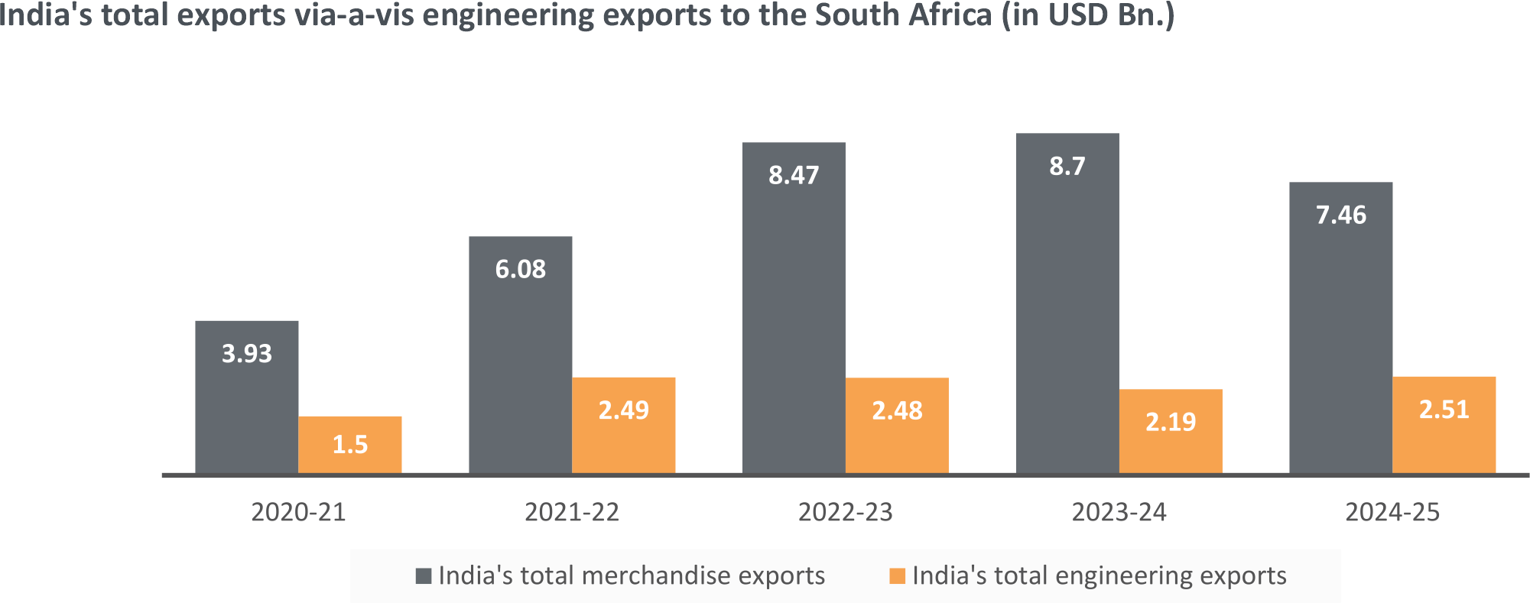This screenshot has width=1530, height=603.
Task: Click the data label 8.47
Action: pos(794,176)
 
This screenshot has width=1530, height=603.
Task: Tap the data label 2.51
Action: pos(1444,410)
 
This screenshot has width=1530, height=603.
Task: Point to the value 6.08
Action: pos(520,269)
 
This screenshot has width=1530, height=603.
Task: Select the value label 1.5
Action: pos(350,444)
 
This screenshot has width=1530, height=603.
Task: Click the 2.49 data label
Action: pos(623,410)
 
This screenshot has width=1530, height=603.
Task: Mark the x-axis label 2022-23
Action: pos(845,512)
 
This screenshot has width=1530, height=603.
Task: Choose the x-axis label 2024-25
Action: pos(1392,512)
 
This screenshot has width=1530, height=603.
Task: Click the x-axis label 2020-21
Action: pos(298,512)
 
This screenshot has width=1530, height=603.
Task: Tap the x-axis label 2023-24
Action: pos(1119,512)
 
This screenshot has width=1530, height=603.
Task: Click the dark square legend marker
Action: pos(423,575)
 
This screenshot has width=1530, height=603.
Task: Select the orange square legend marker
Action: pos(897,575)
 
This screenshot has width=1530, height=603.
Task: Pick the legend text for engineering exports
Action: pos(1099,575)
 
